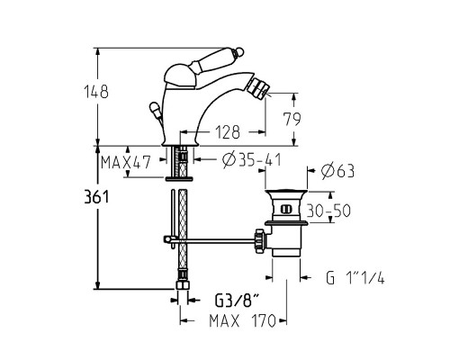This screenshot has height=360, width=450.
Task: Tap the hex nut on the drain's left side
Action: pos(261,238)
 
